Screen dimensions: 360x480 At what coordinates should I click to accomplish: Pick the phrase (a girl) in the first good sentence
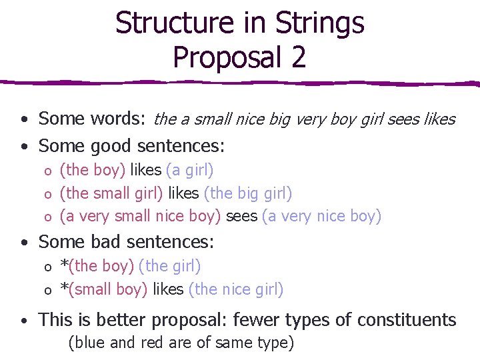(189, 170)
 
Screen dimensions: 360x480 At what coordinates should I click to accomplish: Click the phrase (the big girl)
(248, 193)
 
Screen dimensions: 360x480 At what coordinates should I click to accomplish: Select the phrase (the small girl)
(111, 193)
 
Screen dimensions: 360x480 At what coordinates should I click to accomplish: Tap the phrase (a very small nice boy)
(140, 217)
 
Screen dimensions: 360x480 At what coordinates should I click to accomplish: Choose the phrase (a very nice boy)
(321, 217)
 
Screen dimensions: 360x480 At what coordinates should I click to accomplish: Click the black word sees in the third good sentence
(241, 217)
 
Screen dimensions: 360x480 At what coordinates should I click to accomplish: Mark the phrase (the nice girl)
(236, 289)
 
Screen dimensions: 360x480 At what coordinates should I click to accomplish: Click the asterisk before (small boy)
(64, 287)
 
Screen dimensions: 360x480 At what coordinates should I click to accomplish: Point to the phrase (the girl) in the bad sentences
(169, 266)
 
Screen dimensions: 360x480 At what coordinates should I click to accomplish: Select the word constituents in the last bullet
(407, 320)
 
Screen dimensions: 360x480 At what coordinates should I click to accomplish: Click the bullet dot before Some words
(23, 121)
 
